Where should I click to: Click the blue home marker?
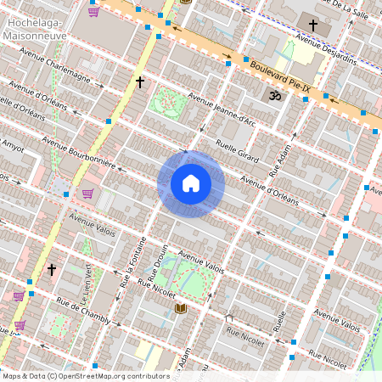pyautogui.click(x=191, y=183)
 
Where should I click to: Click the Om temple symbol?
pyautogui.click(x=274, y=98)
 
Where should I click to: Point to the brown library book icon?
pyautogui.click(x=180, y=308)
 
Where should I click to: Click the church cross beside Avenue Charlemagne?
pyautogui.click(x=140, y=82)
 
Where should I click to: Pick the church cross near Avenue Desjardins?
pyautogui.click(x=313, y=26)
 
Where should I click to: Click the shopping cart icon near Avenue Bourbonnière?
pyautogui.click(x=87, y=194)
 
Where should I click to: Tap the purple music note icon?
pyautogui.click(x=279, y=322)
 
